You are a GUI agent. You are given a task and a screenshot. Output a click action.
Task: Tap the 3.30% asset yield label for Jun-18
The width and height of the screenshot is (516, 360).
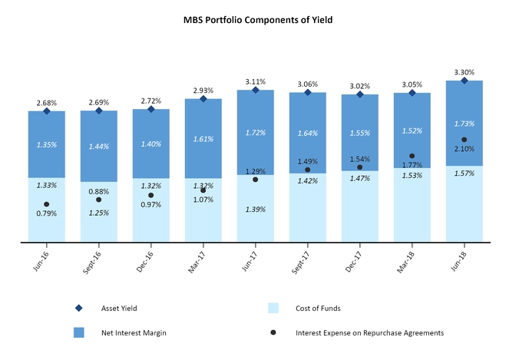tap(465, 71)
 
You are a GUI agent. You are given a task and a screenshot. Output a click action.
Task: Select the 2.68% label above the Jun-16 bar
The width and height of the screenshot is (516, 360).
tap(47, 102)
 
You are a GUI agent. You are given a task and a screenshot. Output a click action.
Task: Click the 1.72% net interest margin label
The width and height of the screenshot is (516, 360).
tap(256, 133)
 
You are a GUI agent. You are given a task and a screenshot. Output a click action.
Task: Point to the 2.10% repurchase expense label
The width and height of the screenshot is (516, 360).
tap(465, 148)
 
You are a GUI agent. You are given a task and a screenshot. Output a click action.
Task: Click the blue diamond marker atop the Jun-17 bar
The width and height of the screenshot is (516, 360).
tap(256, 90)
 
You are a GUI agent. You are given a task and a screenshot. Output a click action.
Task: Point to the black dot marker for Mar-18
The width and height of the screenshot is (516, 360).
tap(412, 156)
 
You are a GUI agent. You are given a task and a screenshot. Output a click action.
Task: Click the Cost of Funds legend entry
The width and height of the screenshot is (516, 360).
tap(317, 308)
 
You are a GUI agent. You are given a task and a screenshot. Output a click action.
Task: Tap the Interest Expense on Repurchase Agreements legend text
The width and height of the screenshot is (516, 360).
tap(369, 332)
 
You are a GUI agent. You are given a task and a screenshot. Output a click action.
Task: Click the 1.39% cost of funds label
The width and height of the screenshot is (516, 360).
tap(256, 210)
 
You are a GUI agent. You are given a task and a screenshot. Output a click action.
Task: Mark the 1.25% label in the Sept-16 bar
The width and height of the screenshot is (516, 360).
tap(99, 212)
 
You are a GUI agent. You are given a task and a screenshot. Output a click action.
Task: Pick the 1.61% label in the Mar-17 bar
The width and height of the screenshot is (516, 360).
tap(203, 140)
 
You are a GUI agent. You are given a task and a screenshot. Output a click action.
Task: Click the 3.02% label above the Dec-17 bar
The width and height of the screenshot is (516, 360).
tap(360, 86)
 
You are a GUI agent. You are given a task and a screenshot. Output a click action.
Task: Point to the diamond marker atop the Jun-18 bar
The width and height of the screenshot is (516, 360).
tap(465, 80)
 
